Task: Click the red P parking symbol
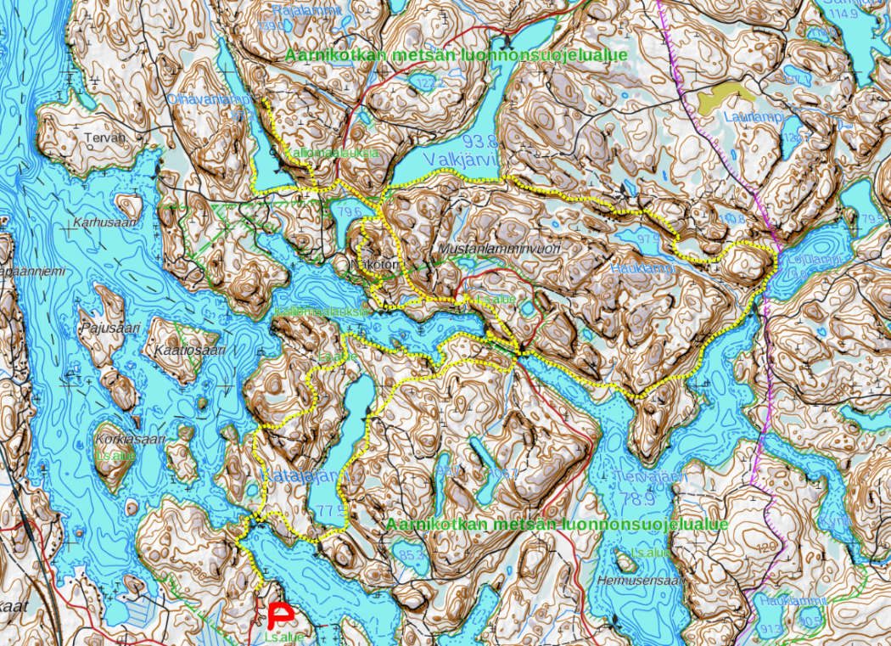pyautogui.click(x=279, y=615)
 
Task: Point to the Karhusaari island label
pyautogui.click(x=105, y=224)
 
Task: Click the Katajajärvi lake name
pyautogui.click(x=303, y=474)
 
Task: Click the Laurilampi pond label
pyautogui.click(x=754, y=116)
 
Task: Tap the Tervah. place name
pyautogui.click(x=105, y=137)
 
